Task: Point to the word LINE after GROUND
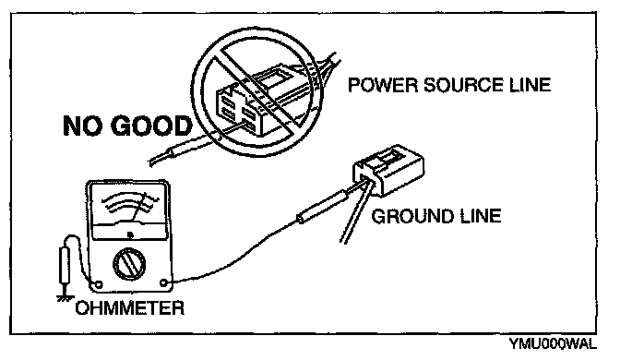click(x=481, y=216)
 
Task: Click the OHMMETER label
click(x=130, y=307)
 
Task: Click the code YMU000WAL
click(x=552, y=343)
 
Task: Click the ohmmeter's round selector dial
click(x=129, y=264)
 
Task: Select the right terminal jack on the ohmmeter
click(x=163, y=282)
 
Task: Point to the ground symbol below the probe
click(x=64, y=297)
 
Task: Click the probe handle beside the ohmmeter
click(x=64, y=266)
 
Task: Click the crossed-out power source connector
click(x=257, y=101)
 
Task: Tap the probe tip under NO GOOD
click(x=185, y=149)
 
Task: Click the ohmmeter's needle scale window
click(x=128, y=211)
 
